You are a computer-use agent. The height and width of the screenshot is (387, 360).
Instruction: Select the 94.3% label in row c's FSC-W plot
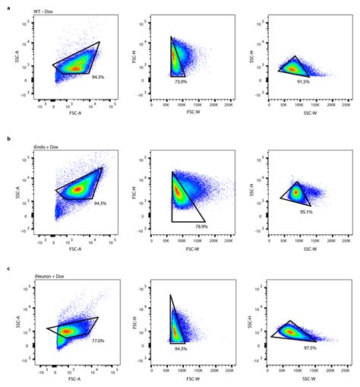click(181, 349)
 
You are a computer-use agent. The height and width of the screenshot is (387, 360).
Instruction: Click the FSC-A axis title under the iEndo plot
click(75, 248)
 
